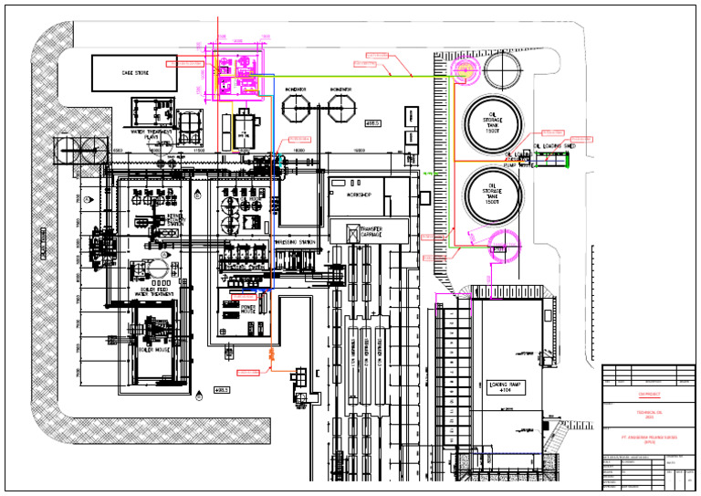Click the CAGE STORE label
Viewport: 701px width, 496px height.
pos(135,72)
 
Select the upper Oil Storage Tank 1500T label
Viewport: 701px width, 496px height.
pos(493,121)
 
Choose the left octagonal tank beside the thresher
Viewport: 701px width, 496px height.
pos(297,110)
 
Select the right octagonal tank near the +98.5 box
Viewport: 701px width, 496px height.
pos(340,110)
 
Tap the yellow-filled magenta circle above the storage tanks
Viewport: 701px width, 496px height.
pos(464,70)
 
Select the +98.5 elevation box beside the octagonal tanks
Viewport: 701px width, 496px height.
pos(372,121)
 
